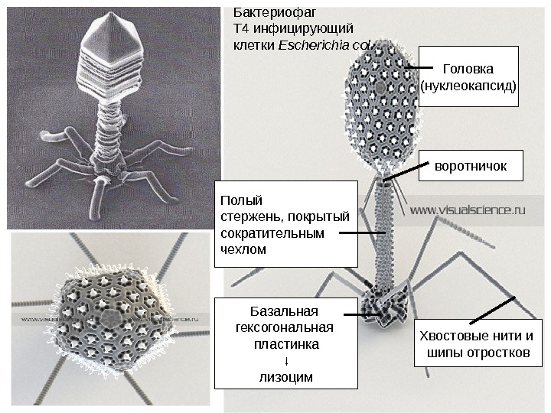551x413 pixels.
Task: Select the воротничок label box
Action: pyautogui.click(x=470, y=165)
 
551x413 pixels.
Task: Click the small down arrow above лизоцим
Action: pyautogui.click(x=285, y=360)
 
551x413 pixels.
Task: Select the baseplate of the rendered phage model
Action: pyautogui.click(x=388, y=306)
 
